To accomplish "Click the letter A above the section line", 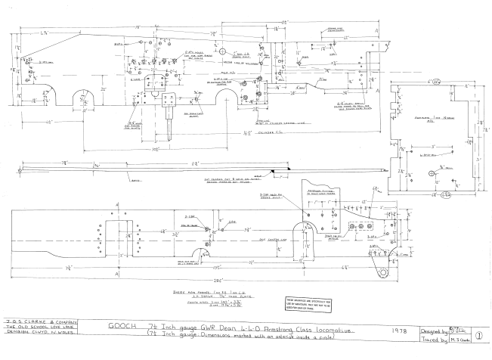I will (x=376, y=37).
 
